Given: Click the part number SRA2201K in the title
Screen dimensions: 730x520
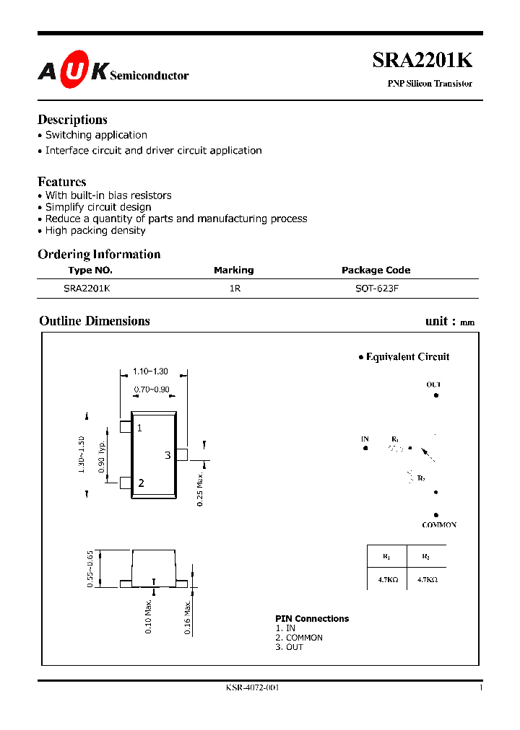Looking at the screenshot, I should pos(422,61).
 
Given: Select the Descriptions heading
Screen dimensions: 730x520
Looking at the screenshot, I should pos(72,120).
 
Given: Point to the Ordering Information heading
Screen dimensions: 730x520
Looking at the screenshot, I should pos(99,254).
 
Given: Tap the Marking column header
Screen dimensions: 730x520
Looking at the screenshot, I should pos(233,271).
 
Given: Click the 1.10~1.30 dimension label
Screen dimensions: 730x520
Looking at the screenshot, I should pos(150,371).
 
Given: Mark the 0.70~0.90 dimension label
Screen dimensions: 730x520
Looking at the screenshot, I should pos(152,390).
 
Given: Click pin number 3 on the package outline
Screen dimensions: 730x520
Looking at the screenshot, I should pos(168,455).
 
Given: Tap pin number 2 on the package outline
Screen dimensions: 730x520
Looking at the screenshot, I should pos(141,483).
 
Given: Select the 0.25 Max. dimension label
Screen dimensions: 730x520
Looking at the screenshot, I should pos(200,488).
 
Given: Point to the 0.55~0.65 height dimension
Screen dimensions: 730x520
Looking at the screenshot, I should pos(90,569).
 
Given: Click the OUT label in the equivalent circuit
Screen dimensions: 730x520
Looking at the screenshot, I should pos(433,385).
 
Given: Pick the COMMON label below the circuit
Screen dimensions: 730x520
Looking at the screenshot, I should pos(439,525).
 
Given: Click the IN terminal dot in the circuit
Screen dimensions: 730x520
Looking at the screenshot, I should pos(365,448).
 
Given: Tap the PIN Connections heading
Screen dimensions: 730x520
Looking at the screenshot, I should pos(312,619).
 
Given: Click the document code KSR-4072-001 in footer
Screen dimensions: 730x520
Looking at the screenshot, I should pos(253,687).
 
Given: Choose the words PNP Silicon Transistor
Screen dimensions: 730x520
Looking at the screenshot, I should pos(430,84).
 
